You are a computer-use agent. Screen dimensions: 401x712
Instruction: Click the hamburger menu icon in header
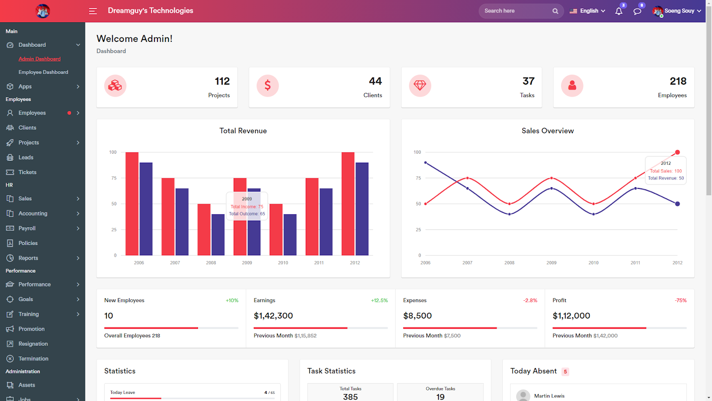(x=93, y=11)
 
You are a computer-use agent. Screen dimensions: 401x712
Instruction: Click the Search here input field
(x=516, y=11)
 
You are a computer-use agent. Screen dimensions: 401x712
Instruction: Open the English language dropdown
(x=587, y=11)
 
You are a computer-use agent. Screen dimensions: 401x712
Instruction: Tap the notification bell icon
(x=619, y=11)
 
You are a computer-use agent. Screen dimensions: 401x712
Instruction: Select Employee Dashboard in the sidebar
(x=43, y=72)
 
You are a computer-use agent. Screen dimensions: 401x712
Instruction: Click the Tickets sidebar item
(x=27, y=172)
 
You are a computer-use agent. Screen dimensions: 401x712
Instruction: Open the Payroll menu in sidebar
(x=27, y=229)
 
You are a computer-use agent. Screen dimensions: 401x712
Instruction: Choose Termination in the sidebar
(x=33, y=359)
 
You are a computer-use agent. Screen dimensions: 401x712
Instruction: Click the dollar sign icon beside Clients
(x=267, y=86)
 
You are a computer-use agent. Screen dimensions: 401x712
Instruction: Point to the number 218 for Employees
(x=678, y=81)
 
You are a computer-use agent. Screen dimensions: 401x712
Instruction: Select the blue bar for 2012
(x=362, y=209)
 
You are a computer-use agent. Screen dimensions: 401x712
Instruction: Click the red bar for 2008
(x=204, y=229)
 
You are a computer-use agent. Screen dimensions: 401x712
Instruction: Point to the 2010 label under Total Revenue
(x=283, y=263)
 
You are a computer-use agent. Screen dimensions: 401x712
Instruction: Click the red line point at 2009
(x=551, y=178)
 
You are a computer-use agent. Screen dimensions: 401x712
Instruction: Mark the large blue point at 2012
(x=677, y=204)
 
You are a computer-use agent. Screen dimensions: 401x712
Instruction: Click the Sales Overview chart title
(x=547, y=131)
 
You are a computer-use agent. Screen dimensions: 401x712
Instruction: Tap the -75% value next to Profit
(x=680, y=301)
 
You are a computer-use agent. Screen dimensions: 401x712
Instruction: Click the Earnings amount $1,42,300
(x=273, y=316)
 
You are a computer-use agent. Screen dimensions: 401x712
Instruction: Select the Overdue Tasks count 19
(x=440, y=397)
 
